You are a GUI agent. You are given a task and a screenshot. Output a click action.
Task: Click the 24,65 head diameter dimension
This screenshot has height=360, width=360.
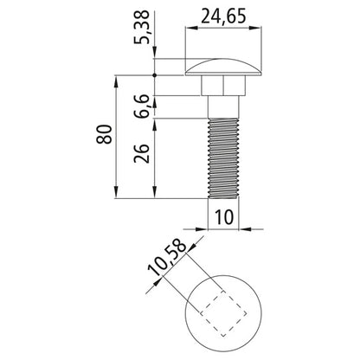point(223,16)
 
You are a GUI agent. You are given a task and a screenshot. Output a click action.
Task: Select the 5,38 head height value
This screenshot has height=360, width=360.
point(142,27)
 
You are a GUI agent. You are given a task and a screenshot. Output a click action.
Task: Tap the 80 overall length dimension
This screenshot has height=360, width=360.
point(104,134)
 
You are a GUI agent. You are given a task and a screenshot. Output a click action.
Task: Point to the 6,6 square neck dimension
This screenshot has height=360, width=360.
point(142,106)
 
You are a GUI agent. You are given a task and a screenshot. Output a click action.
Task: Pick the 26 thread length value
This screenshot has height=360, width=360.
point(142,153)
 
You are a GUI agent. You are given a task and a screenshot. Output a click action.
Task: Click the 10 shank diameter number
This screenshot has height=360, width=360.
point(224,217)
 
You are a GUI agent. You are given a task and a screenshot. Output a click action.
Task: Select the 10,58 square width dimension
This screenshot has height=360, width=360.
point(167,258)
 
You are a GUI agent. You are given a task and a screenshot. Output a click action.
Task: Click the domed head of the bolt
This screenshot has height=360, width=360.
point(223,67)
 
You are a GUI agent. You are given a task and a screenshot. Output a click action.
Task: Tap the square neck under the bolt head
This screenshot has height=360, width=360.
point(223,86)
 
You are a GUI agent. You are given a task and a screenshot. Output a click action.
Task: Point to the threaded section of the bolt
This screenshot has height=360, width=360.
point(223,158)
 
